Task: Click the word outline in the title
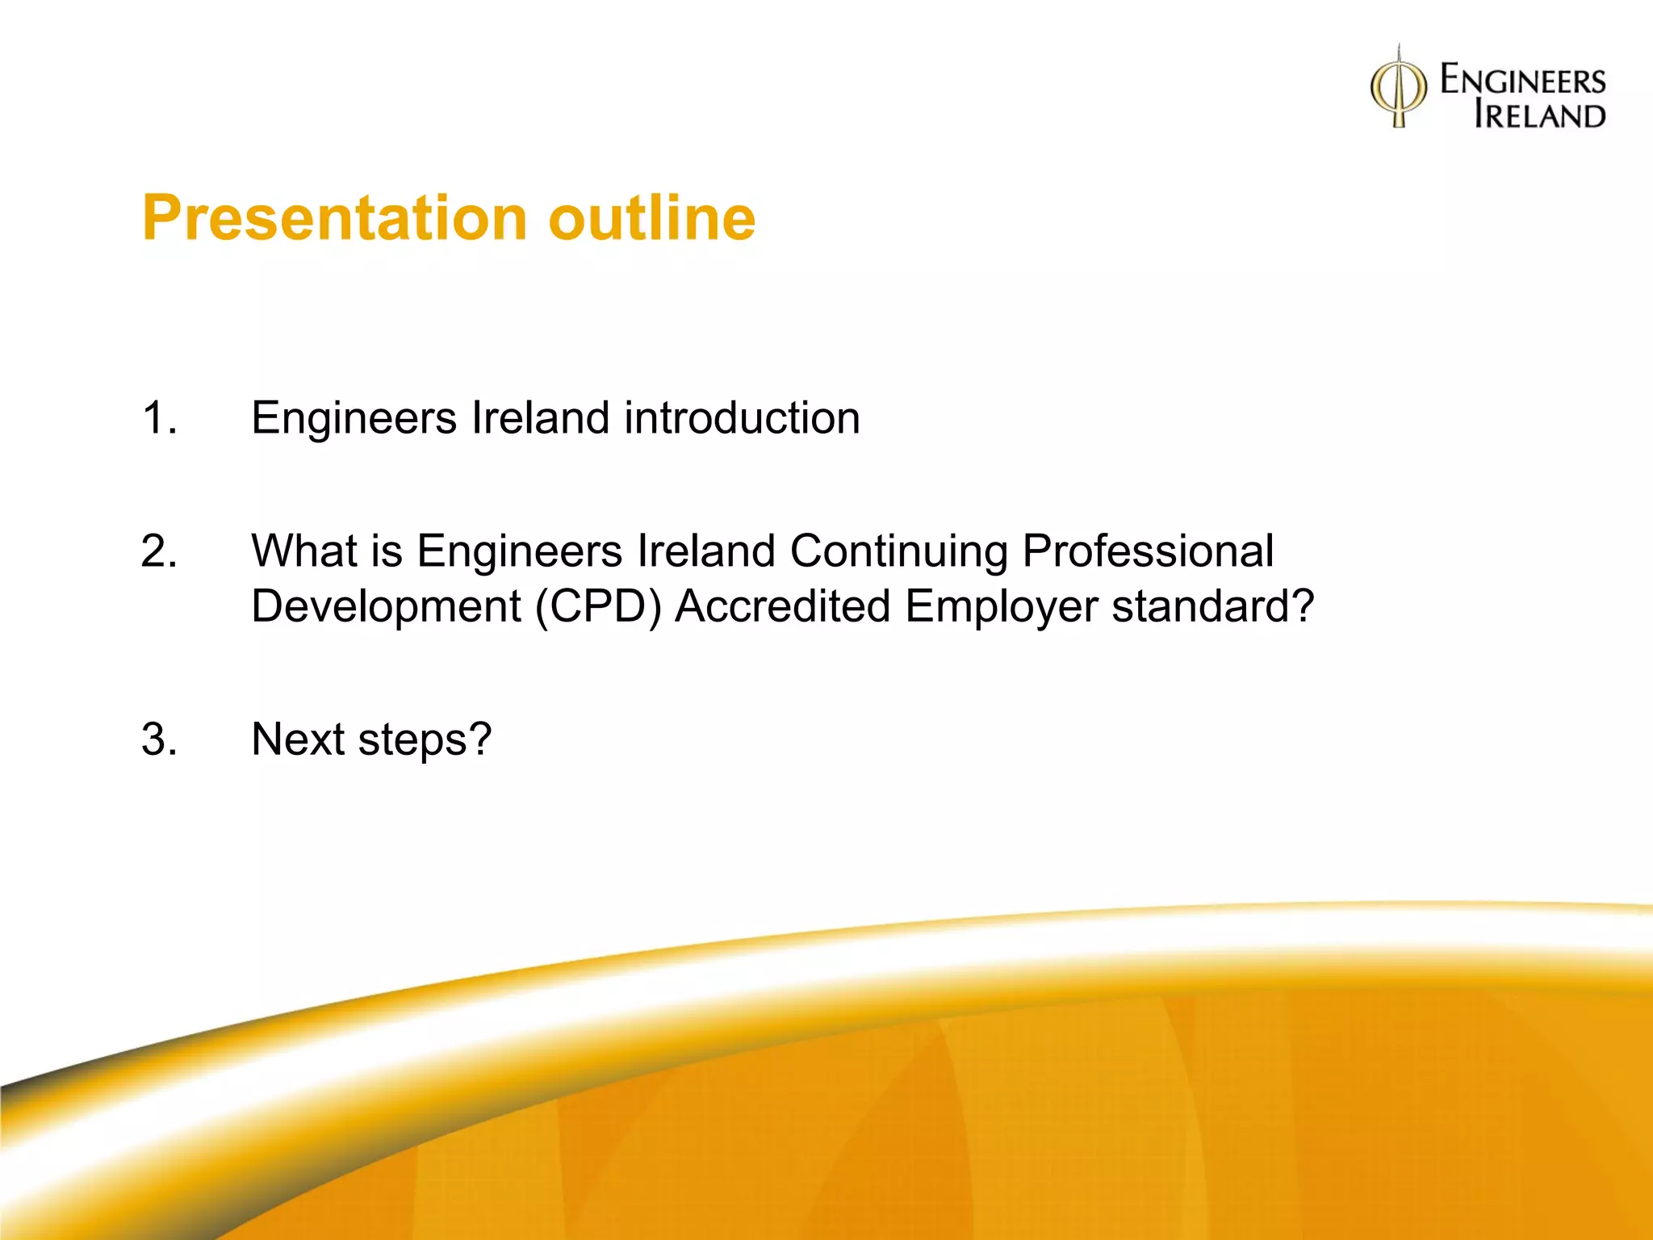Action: (651, 219)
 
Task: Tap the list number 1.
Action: (158, 418)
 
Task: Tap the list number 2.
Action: (158, 552)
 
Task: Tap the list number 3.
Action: (158, 739)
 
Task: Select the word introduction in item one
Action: (742, 418)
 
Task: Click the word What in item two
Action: (303, 552)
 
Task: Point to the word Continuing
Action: (898, 552)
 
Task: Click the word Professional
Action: (1148, 552)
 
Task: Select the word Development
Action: (386, 607)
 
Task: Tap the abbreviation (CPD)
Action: (598, 607)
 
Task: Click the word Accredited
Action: (782, 607)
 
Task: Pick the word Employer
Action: (1001, 607)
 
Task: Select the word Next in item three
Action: (297, 739)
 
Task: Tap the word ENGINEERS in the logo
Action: (1523, 81)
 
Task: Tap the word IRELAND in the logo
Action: (1539, 115)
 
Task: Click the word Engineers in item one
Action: (354, 418)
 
